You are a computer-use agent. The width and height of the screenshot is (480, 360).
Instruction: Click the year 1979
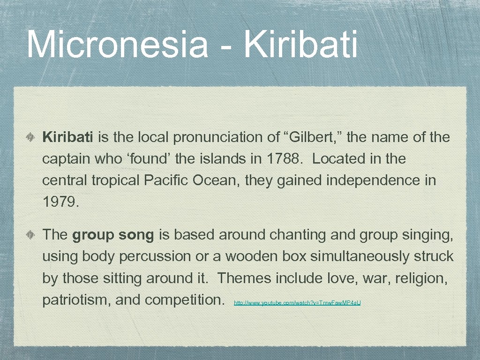(60, 202)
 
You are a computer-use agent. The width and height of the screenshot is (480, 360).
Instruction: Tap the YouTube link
(297, 303)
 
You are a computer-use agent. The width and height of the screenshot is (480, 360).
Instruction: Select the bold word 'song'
(136, 235)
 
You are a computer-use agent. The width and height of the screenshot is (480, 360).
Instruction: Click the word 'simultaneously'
(360, 256)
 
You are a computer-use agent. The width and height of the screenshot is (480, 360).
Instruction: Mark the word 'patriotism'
(75, 300)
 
